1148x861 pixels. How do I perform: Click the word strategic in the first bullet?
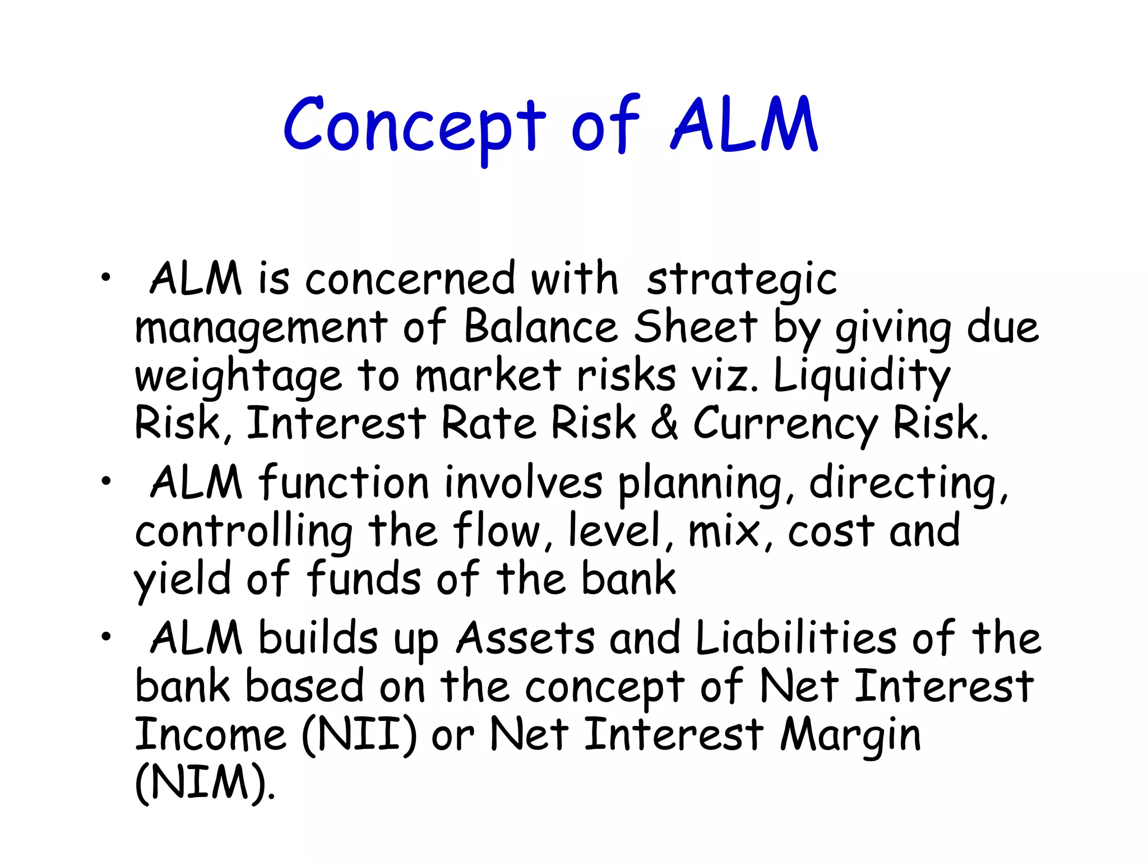(x=742, y=280)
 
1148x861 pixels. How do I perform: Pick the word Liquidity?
(x=862, y=377)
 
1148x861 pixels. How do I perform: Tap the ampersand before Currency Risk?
(x=664, y=423)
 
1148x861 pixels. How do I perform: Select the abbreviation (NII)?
(x=359, y=735)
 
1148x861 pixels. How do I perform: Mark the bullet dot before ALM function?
(x=106, y=480)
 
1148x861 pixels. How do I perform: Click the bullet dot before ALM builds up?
(x=106, y=636)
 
